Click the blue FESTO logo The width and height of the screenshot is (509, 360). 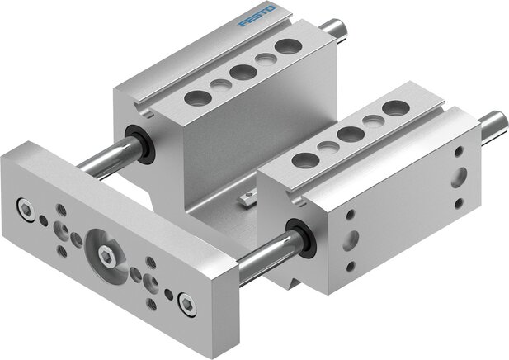(x=257, y=17)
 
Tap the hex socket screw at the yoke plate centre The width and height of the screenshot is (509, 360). (x=106, y=256)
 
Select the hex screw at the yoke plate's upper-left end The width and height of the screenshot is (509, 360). (x=26, y=210)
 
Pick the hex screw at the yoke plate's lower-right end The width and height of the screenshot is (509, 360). (x=187, y=305)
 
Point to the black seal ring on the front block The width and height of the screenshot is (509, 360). (x=301, y=239)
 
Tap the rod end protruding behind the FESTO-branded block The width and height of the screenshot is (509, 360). (x=334, y=28)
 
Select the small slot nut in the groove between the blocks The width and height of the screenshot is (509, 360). (x=248, y=198)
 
